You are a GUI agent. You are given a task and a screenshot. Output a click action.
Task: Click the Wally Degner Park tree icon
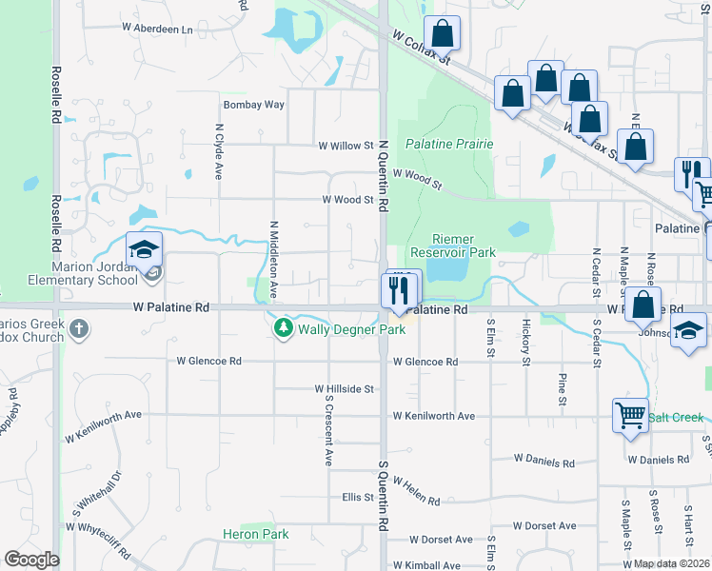pos(283,329)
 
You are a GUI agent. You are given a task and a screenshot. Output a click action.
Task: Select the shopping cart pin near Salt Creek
pos(630,416)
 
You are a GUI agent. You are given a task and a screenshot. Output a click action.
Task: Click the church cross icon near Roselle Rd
pos(78,329)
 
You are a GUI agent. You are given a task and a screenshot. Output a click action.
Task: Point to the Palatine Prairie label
pos(449,144)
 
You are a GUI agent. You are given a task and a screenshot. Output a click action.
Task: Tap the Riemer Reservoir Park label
pos(452,246)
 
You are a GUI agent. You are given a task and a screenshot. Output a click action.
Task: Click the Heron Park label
pos(255,535)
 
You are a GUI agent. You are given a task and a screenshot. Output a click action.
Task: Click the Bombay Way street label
pos(253,105)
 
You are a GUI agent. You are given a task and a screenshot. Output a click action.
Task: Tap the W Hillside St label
pos(344,389)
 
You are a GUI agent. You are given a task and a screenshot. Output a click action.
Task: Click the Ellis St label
pos(357,498)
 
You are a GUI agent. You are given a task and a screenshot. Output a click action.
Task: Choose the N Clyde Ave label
pos(219,151)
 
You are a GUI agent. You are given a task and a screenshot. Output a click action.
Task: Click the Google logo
pos(31,560)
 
